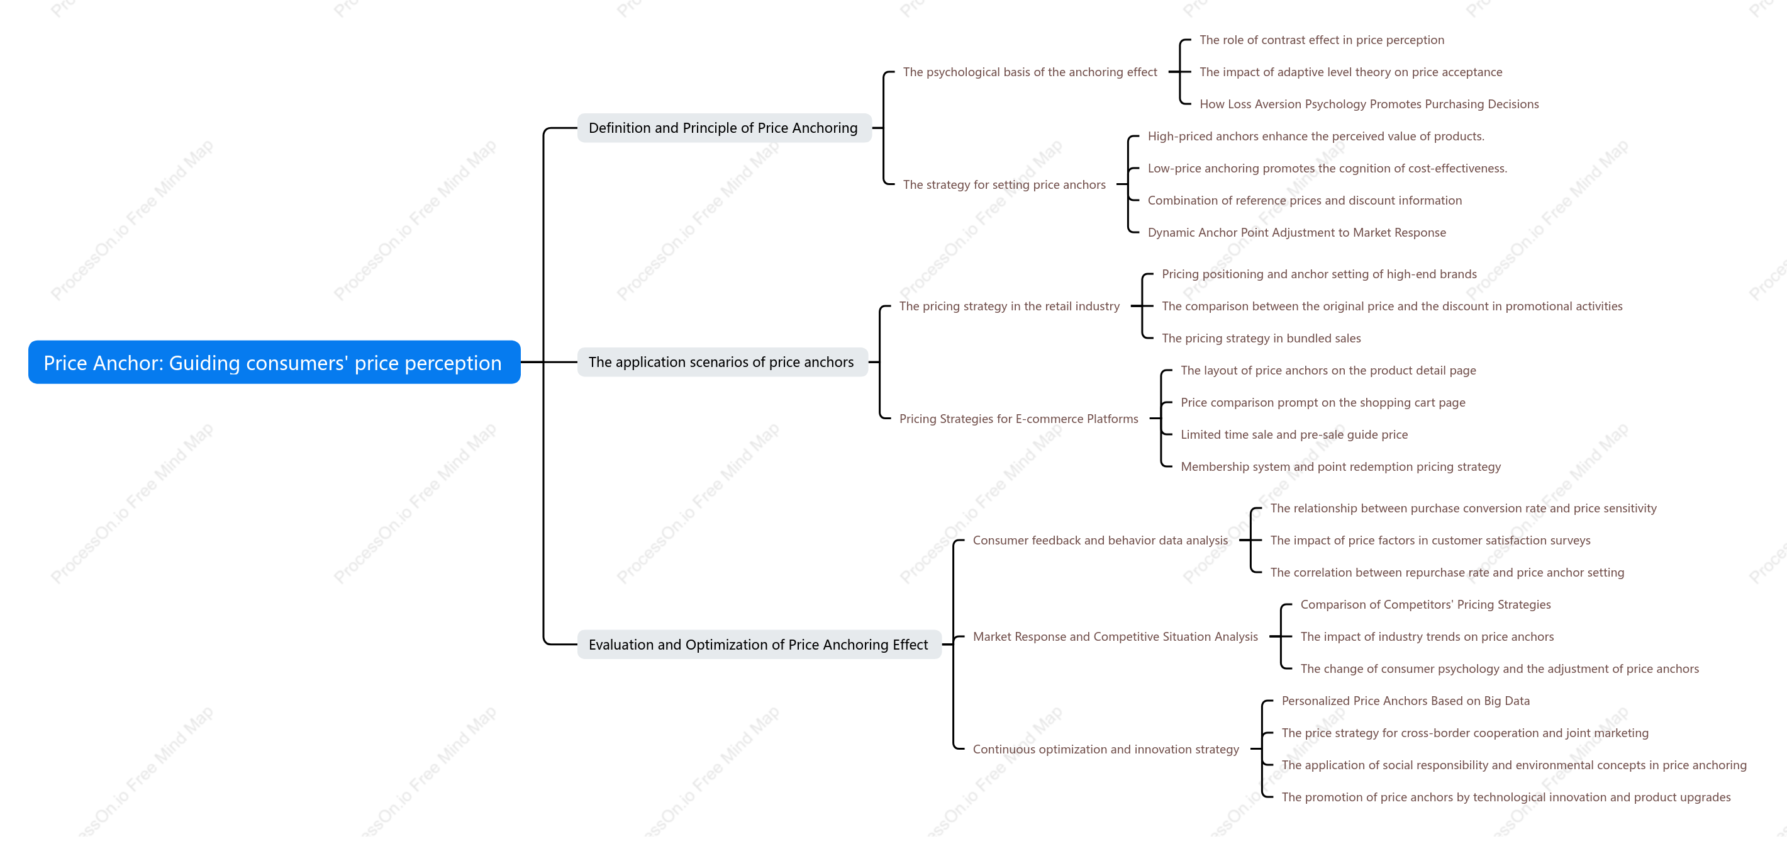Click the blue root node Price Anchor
(x=274, y=363)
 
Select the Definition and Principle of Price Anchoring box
(x=723, y=128)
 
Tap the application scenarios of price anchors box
(x=721, y=363)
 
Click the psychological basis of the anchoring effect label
(x=1030, y=72)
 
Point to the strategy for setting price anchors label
(x=1004, y=184)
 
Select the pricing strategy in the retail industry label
(x=1010, y=306)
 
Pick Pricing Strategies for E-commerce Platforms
(x=1018, y=419)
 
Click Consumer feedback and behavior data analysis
(x=1100, y=541)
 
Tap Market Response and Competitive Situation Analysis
(x=1115, y=636)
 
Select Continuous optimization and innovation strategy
(x=1106, y=750)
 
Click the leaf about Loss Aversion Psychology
(x=1369, y=104)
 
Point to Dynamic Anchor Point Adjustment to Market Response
(x=1296, y=232)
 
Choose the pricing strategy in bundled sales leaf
(x=1261, y=339)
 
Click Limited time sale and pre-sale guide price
(x=1294, y=434)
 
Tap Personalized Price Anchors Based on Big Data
(x=1405, y=701)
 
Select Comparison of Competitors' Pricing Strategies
(x=1425, y=604)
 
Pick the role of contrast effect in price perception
(x=1322, y=40)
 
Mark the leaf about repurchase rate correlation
(x=1447, y=573)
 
